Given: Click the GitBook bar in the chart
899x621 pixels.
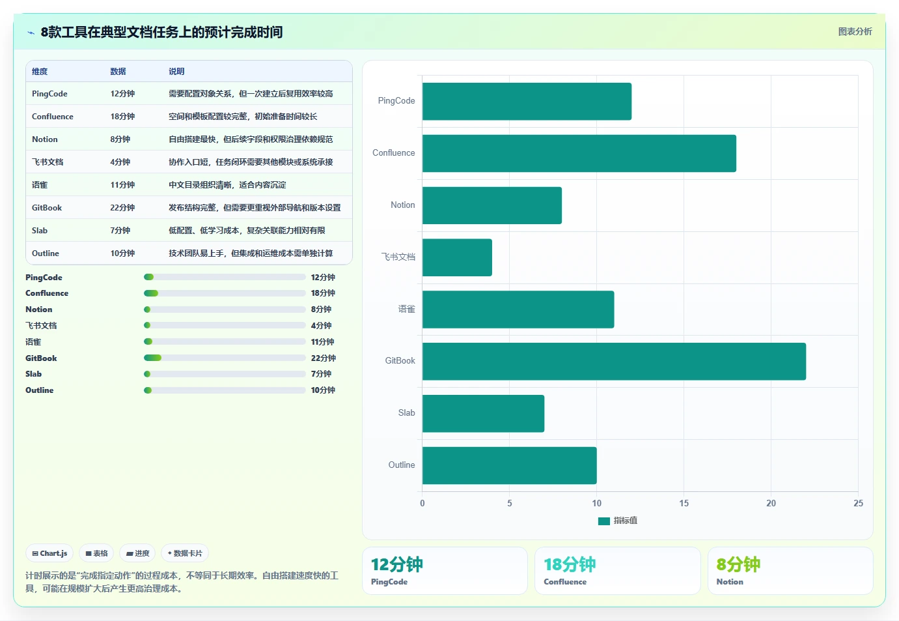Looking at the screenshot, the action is (x=614, y=361).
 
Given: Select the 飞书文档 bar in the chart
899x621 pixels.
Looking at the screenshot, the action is (x=457, y=257).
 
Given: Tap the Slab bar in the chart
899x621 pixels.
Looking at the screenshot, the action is (x=483, y=413).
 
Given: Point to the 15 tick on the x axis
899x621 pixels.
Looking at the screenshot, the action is (x=684, y=503).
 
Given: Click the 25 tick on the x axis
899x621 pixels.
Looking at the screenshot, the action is (x=858, y=503).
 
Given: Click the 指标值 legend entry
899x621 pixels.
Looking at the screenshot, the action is (x=618, y=521).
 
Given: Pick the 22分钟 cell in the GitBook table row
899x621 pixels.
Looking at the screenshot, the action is (x=122, y=208).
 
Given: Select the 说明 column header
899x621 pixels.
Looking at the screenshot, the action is (x=176, y=72).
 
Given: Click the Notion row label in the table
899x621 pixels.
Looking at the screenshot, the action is (x=44, y=139).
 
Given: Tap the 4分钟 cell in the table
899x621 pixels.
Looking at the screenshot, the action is (x=120, y=162).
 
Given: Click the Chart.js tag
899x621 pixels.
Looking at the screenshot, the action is (x=49, y=553).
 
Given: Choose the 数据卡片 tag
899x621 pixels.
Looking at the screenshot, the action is (x=185, y=553).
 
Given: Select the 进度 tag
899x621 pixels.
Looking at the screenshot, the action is (x=137, y=553).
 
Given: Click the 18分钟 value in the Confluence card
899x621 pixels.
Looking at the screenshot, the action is (x=570, y=564).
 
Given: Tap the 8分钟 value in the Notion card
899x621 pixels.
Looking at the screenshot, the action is (x=738, y=564).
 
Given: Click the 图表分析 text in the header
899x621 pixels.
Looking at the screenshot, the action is (x=855, y=32).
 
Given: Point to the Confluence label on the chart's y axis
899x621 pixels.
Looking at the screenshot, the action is (x=393, y=153).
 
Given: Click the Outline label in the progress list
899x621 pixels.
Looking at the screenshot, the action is (x=39, y=390).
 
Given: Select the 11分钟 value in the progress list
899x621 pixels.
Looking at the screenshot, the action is (x=322, y=342).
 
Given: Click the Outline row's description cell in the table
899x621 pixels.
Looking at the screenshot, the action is (x=251, y=253).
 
